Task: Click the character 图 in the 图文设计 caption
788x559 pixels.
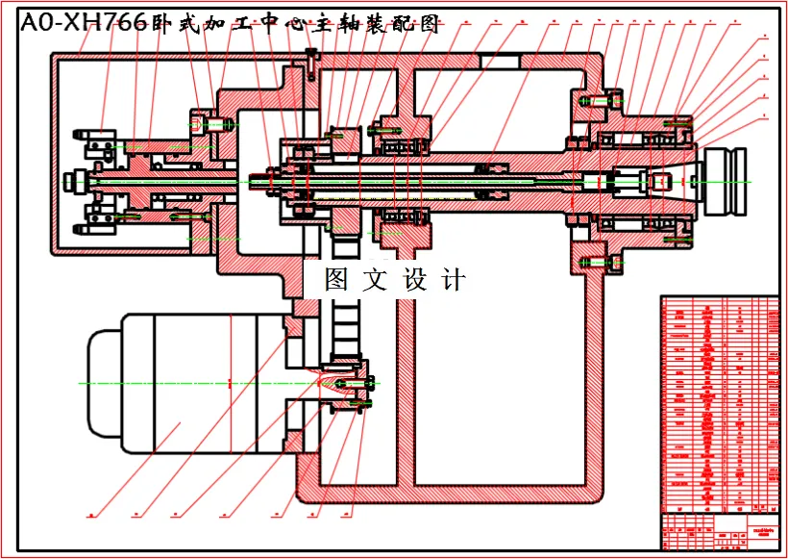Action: click(336, 280)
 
